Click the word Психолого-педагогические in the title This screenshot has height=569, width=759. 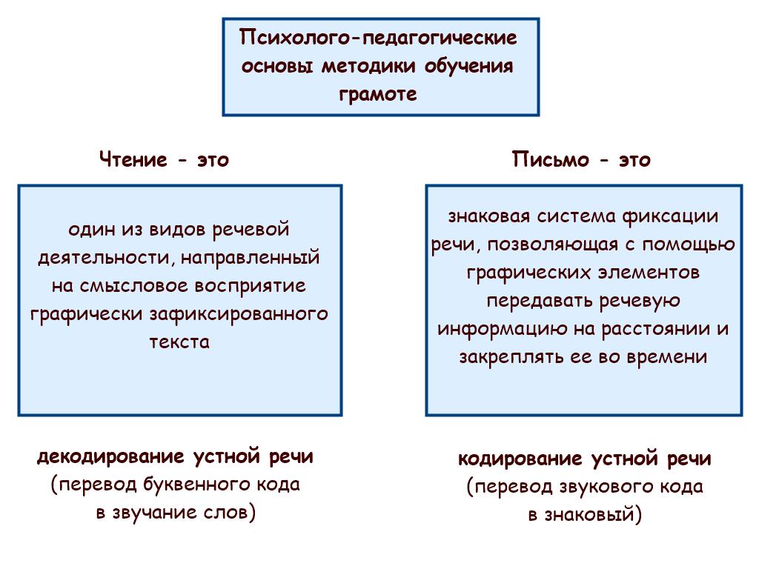tap(378, 38)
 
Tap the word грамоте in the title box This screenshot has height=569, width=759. tap(377, 93)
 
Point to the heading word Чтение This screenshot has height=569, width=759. tap(133, 159)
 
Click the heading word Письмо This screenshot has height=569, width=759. tap(551, 159)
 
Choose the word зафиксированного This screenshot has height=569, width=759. tap(239, 314)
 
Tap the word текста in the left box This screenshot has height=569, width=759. tap(179, 342)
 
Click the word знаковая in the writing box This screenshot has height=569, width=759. tap(489, 216)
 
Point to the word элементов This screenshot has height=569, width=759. tap(649, 272)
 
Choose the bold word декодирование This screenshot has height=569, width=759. tap(111, 456)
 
